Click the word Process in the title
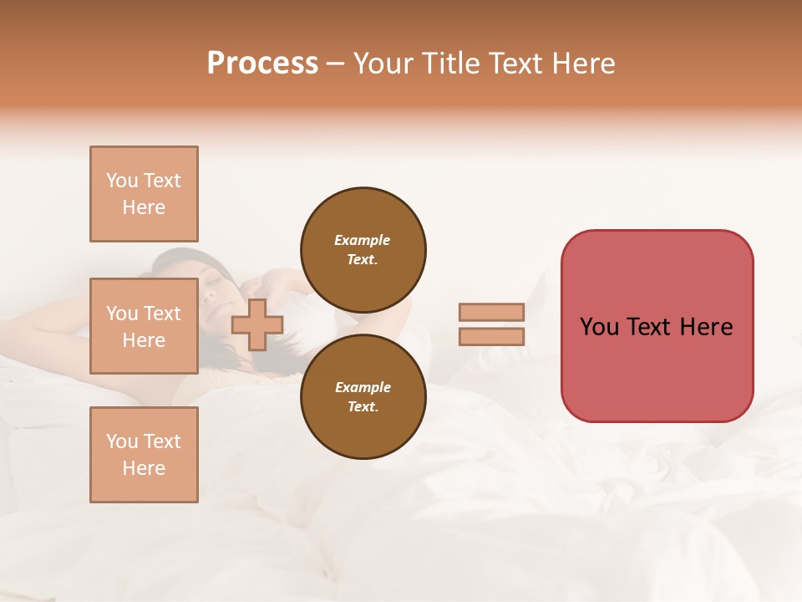point(262,64)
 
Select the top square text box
point(144,194)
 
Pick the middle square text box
point(144,326)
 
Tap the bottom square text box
point(144,455)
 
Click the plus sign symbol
point(257,324)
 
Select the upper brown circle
point(363,249)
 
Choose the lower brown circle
point(363,396)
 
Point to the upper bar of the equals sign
point(491,312)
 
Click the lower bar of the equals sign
point(491,336)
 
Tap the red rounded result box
point(657,368)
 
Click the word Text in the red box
point(656,327)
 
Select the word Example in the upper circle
point(363,240)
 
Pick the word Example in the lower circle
point(363,387)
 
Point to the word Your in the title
point(381,64)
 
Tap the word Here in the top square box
point(144,207)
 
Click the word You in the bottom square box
point(121,441)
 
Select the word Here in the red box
point(706,327)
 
